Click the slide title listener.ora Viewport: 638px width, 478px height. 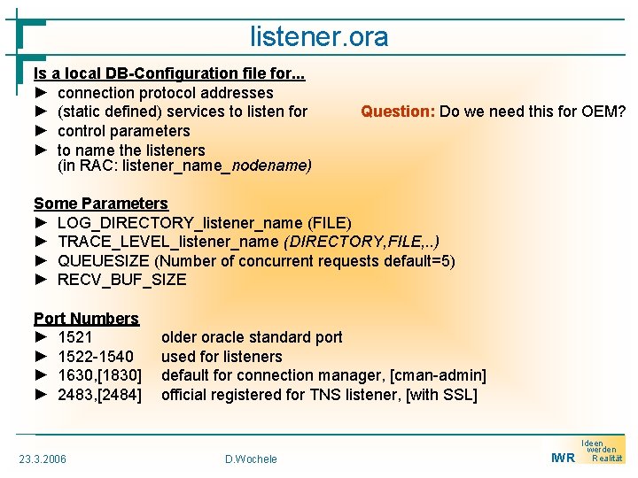[x=319, y=36]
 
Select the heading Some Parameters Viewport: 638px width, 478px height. [x=100, y=204]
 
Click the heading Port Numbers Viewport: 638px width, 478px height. [x=86, y=319]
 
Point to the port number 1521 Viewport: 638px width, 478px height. [x=75, y=337]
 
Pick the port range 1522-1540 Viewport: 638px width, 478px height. [x=96, y=357]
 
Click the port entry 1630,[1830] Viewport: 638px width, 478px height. [x=99, y=376]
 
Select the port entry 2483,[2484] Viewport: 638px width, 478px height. [x=99, y=395]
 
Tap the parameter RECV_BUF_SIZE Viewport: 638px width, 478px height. [x=122, y=280]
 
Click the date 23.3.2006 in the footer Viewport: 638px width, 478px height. [x=43, y=459]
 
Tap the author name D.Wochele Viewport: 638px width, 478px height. [x=251, y=459]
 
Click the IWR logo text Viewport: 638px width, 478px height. [x=563, y=458]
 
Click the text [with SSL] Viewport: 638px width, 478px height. [x=441, y=395]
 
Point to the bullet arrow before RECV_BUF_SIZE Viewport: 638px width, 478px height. [x=41, y=280]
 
